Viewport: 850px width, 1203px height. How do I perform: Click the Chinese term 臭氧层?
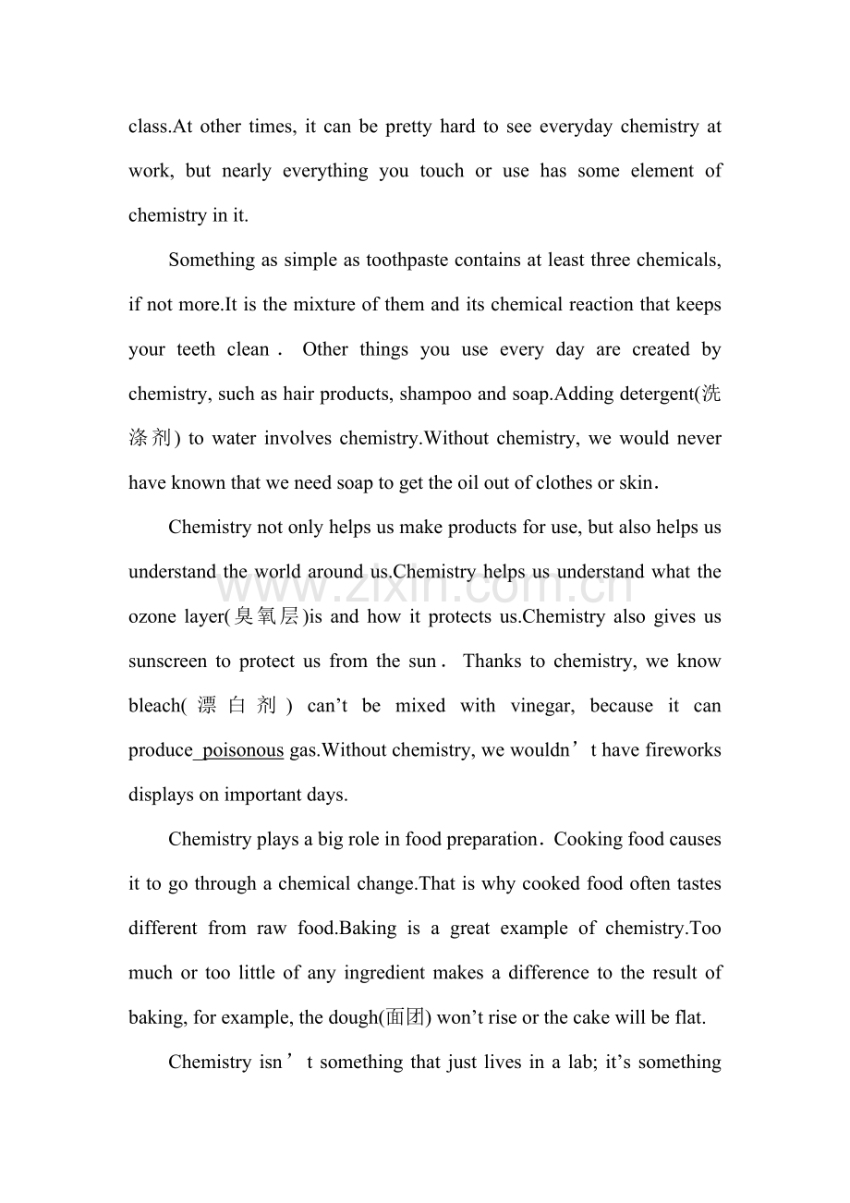coord(268,617)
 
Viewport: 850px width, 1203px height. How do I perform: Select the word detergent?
coord(655,395)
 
